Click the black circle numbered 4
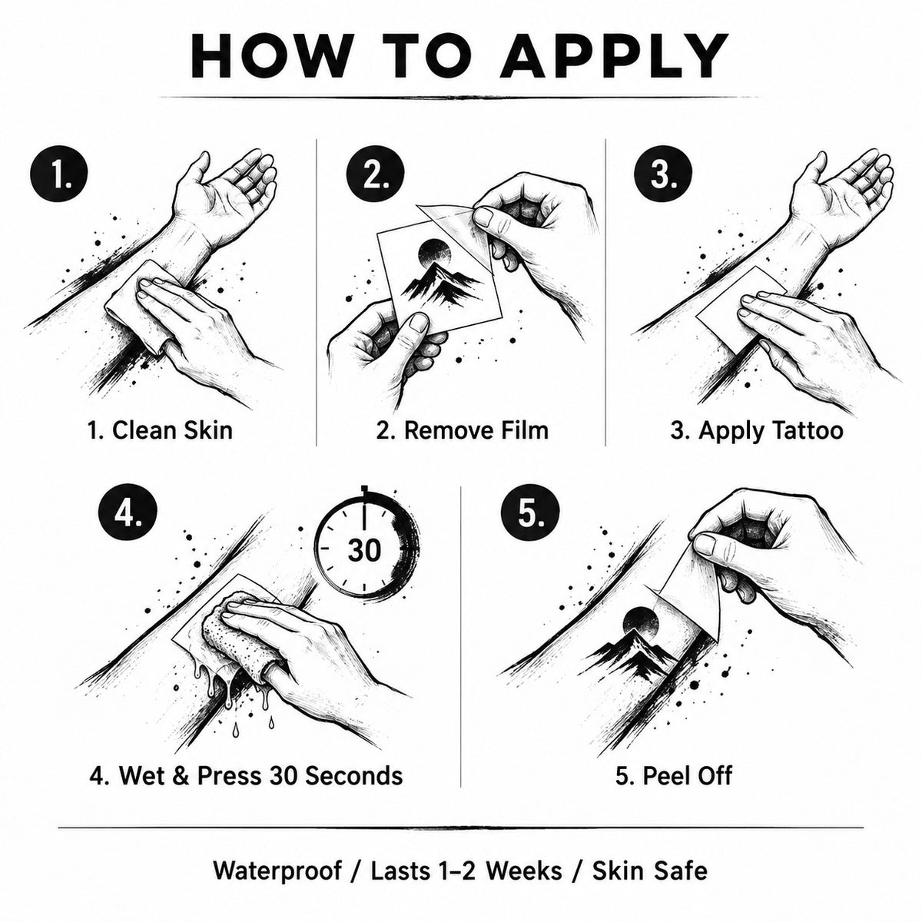[x=128, y=512]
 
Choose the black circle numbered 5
[x=529, y=512]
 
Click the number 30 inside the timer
[x=364, y=550]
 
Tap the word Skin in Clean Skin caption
[x=205, y=429]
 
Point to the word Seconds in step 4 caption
[x=354, y=775]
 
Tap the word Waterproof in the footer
[x=278, y=857]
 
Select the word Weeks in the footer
[x=524, y=857]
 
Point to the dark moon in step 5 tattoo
[x=641, y=625]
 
